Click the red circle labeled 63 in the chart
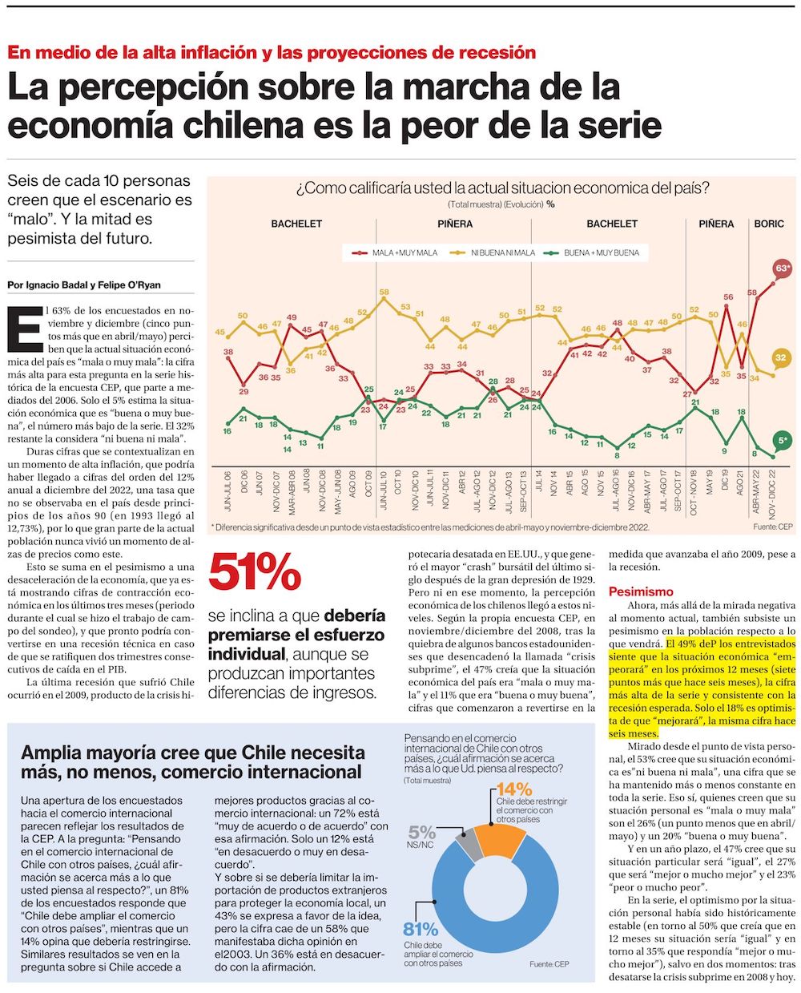pyautogui.click(x=782, y=268)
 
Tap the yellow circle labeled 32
pyautogui.click(x=780, y=358)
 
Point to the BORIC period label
pyautogui.click(x=769, y=224)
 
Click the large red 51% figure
pyautogui.click(x=255, y=573)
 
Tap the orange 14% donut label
pyautogui.click(x=513, y=789)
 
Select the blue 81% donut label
pyautogui.click(x=421, y=929)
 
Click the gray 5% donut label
pyautogui.click(x=422, y=832)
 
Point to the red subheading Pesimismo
pyautogui.click(x=641, y=591)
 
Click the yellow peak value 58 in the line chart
pyautogui.click(x=384, y=293)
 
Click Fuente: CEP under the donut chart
pyautogui.click(x=549, y=963)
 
